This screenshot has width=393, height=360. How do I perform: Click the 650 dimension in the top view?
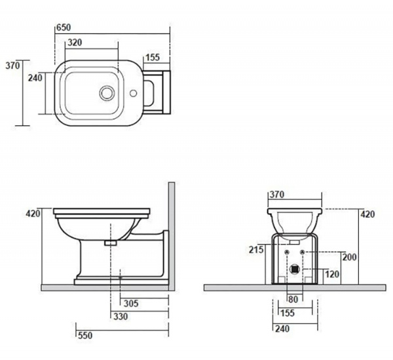pyautogui.click(x=64, y=28)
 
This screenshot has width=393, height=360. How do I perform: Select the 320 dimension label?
pyautogui.click(x=75, y=43)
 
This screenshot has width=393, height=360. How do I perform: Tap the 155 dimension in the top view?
pyautogui.click(x=153, y=58)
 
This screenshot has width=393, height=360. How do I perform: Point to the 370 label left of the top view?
pyautogui.click(x=12, y=66)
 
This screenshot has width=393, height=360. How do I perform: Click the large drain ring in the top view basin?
pyautogui.click(x=107, y=93)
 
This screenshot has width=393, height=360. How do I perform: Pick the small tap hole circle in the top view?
pyautogui.click(x=133, y=93)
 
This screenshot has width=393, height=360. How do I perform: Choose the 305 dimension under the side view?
pyautogui.click(x=131, y=304)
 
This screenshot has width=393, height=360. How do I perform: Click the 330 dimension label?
pyautogui.click(x=121, y=317)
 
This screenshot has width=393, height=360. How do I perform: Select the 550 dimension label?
pyautogui.click(x=85, y=336)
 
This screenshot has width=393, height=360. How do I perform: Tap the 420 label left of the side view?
pyautogui.click(x=33, y=214)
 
